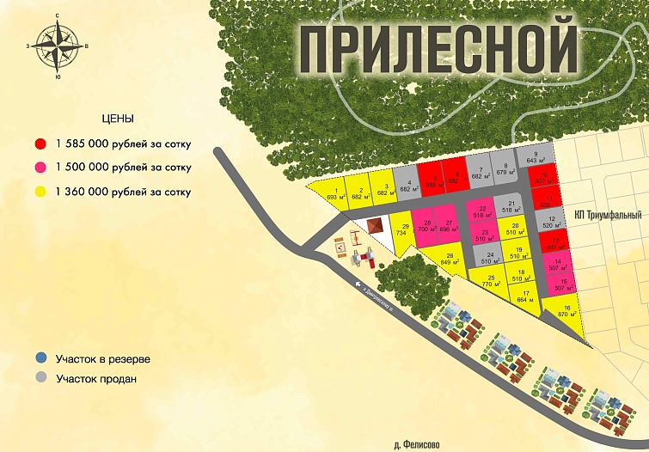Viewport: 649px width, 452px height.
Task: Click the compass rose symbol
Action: pyautogui.click(x=58, y=46)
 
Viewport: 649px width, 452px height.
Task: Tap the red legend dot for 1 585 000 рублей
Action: pyautogui.click(x=40, y=143)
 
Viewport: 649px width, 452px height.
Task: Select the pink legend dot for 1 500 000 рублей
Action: pyautogui.click(x=40, y=168)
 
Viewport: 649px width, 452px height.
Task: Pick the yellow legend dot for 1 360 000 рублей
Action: pyautogui.click(x=40, y=192)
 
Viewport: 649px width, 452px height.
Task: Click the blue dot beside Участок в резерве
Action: pyautogui.click(x=40, y=357)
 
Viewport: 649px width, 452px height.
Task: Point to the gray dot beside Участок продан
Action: pyautogui.click(x=40, y=377)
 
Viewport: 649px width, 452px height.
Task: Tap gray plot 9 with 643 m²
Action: pyautogui.click(x=536, y=158)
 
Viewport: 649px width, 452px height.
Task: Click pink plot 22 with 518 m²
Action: pyautogui.click(x=482, y=211)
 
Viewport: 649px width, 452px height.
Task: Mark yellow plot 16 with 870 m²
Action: pyautogui.click(x=567, y=313)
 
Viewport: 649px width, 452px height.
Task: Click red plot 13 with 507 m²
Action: pyautogui.click(x=555, y=242)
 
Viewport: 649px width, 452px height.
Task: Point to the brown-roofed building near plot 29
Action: pyautogui.click(x=375, y=225)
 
